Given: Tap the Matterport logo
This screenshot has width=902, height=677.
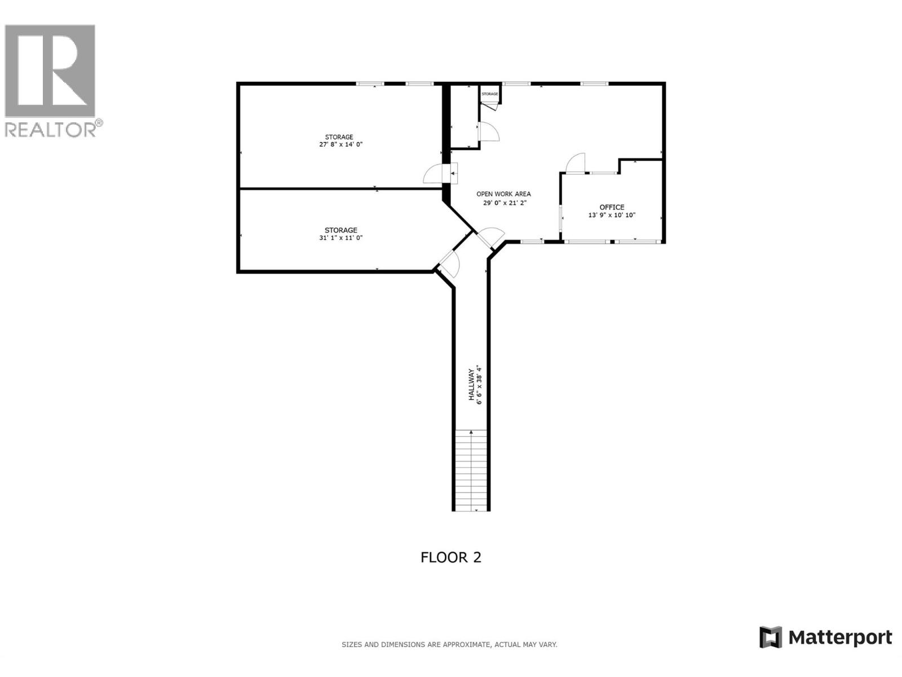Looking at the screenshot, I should point(826,638).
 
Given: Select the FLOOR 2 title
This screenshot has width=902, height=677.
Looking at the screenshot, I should point(451,557).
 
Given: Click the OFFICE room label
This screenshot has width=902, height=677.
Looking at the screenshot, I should point(612,207).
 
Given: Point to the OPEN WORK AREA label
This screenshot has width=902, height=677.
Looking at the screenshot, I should point(503,194).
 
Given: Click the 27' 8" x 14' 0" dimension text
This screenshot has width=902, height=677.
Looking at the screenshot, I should point(341,144).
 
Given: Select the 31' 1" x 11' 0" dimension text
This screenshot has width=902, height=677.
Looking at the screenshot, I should point(341,238).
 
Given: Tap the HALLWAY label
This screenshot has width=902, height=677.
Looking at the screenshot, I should point(471,385).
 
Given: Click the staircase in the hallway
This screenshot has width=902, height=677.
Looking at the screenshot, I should point(471,469).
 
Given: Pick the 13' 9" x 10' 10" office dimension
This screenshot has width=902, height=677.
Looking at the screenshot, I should point(612,215).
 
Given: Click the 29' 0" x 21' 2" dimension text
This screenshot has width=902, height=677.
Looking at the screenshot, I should point(505,203).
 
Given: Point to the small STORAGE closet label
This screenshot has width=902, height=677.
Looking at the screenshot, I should point(490,94).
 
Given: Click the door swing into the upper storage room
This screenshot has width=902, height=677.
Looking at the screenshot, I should point(434,174).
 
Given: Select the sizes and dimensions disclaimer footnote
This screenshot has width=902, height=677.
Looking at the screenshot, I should point(449,644).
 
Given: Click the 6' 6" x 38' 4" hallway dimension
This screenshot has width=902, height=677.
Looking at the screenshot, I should point(480,385).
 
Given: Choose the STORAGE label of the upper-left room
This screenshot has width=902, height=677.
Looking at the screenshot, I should point(339,137).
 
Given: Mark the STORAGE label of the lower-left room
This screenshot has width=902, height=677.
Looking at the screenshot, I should point(341,230).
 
